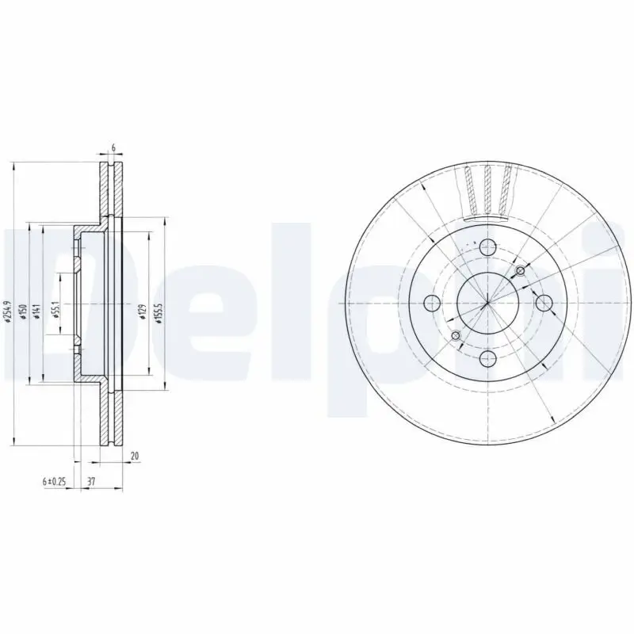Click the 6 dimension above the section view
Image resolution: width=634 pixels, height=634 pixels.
tap(113, 148)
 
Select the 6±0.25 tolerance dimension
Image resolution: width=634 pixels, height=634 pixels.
tap(53, 481)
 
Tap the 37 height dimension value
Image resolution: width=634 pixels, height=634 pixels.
tap(92, 481)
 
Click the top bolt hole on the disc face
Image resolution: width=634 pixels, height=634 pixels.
tap(487, 246)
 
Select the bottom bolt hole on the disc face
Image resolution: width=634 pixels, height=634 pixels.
tap(487, 360)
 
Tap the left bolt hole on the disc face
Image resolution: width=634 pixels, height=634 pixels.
tap(431, 303)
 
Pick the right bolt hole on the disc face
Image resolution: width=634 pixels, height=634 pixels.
tap(544, 303)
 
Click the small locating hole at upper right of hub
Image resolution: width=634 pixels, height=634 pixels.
tap(520, 272)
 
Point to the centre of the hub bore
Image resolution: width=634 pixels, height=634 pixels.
tap(487, 303)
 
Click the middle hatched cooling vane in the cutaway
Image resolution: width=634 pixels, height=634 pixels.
tap(487, 190)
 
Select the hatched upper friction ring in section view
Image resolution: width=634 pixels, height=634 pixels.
tap(111, 190)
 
